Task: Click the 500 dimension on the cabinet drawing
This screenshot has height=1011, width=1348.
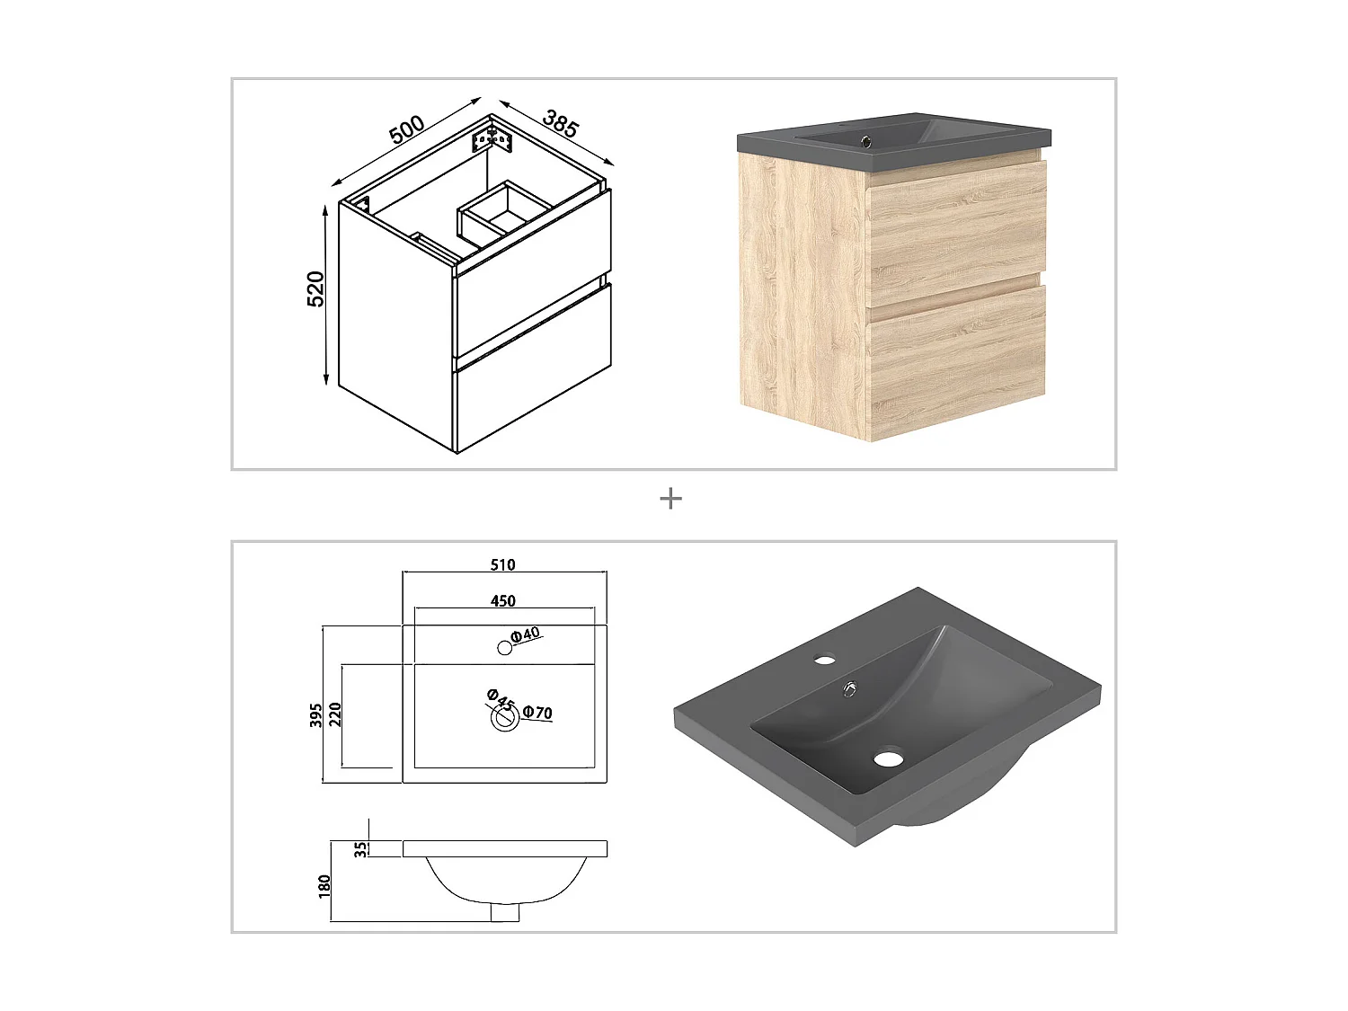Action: click(x=406, y=129)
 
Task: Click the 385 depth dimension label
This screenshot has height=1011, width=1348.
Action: click(x=560, y=123)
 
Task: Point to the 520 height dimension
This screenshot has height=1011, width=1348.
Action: click(x=315, y=288)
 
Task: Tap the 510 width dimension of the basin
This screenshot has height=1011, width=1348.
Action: click(x=502, y=564)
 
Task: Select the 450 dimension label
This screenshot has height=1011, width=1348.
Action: click(x=502, y=601)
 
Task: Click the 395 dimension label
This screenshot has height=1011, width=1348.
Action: click(x=315, y=715)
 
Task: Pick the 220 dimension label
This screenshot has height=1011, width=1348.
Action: click(x=334, y=715)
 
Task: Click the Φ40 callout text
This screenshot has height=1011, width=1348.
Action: click(x=526, y=634)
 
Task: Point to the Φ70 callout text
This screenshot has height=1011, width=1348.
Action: click(x=537, y=713)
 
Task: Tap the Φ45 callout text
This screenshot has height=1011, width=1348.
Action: click(x=501, y=700)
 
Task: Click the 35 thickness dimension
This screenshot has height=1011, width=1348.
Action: click(x=361, y=849)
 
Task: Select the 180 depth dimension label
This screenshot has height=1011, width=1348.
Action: click(x=324, y=887)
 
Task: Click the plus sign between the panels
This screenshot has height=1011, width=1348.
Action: click(x=670, y=499)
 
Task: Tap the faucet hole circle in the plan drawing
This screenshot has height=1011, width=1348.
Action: click(x=504, y=648)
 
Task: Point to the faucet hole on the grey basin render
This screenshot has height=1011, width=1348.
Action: click(x=824, y=661)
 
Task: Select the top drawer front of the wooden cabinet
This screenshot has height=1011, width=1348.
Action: click(x=957, y=224)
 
